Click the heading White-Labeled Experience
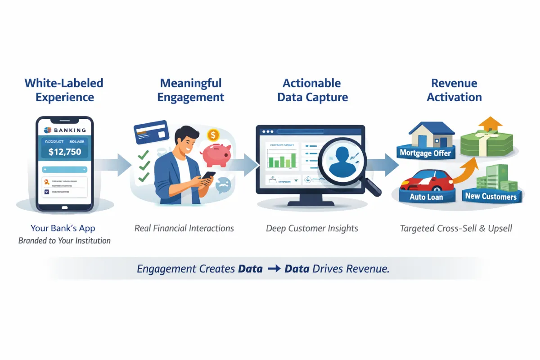[x=64, y=90]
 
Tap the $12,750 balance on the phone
[x=65, y=152]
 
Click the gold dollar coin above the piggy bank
[x=213, y=135]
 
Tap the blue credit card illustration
[x=151, y=132]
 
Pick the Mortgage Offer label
[x=425, y=153]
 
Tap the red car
[x=425, y=180]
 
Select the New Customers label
[x=491, y=196]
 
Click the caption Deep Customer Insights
[x=312, y=228]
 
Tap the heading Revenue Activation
[x=454, y=90]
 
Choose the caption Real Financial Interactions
[x=184, y=228]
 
